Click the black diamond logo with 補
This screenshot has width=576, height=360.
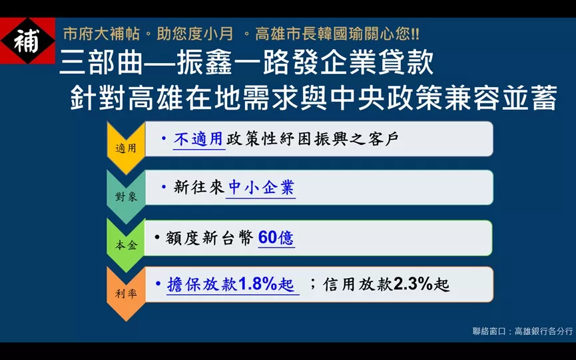click(x=27, y=41)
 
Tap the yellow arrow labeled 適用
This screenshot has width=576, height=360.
click(x=126, y=148)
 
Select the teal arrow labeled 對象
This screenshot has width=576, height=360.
click(x=126, y=196)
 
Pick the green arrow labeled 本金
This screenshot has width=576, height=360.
click(x=126, y=245)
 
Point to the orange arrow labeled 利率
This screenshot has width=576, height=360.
click(x=126, y=293)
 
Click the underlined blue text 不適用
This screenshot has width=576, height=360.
click(x=198, y=139)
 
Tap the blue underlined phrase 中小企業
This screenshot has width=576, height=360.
click(x=261, y=188)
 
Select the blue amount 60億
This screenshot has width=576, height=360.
click(x=276, y=238)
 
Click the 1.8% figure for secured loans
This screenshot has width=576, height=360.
click(x=258, y=283)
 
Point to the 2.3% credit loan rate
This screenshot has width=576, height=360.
click(x=413, y=283)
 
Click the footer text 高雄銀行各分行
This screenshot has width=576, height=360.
click(x=543, y=331)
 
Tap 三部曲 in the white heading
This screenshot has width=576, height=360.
click(x=101, y=63)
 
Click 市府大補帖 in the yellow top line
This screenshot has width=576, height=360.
click(x=101, y=34)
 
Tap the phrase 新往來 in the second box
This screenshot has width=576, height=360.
click(x=198, y=188)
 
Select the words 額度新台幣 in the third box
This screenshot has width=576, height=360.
click(x=209, y=238)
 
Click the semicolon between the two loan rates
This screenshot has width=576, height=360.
click(x=312, y=283)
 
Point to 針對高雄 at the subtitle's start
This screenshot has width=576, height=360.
click(x=127, y=98)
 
